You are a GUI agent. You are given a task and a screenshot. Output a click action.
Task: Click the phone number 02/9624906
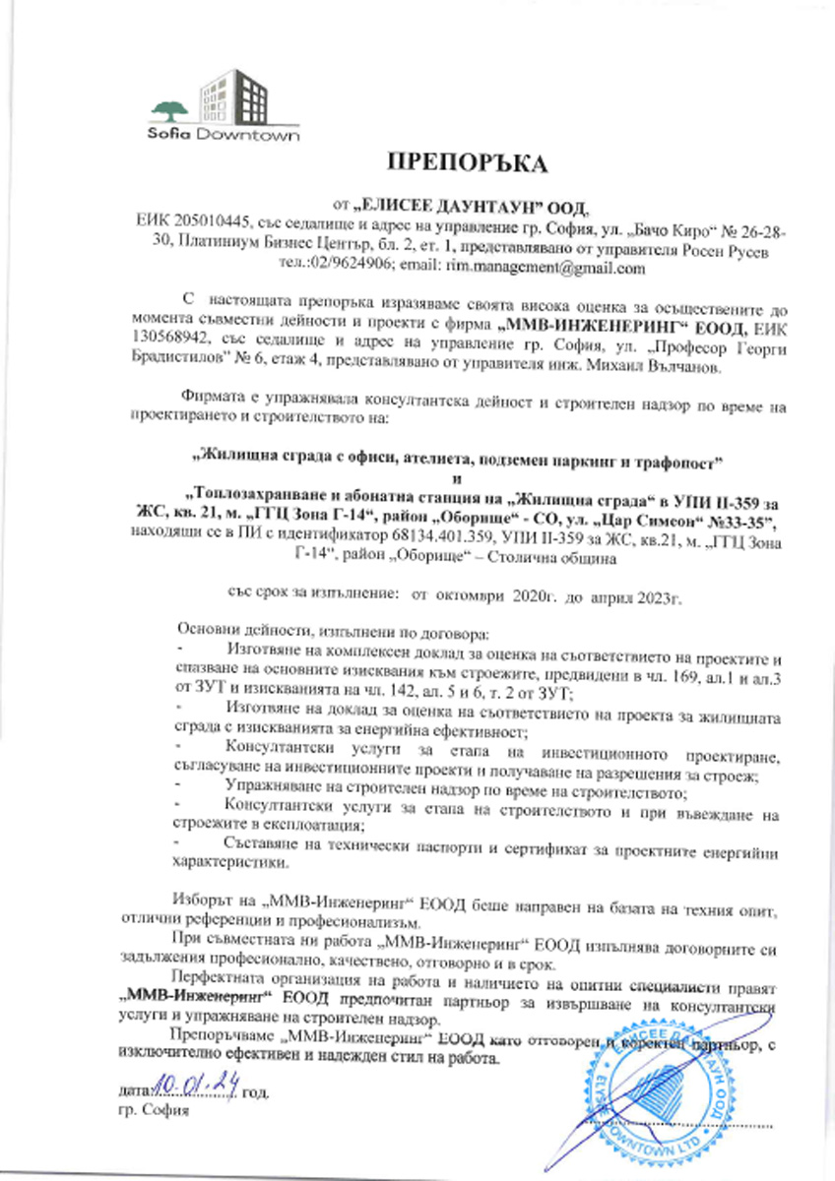tap(353, 267)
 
